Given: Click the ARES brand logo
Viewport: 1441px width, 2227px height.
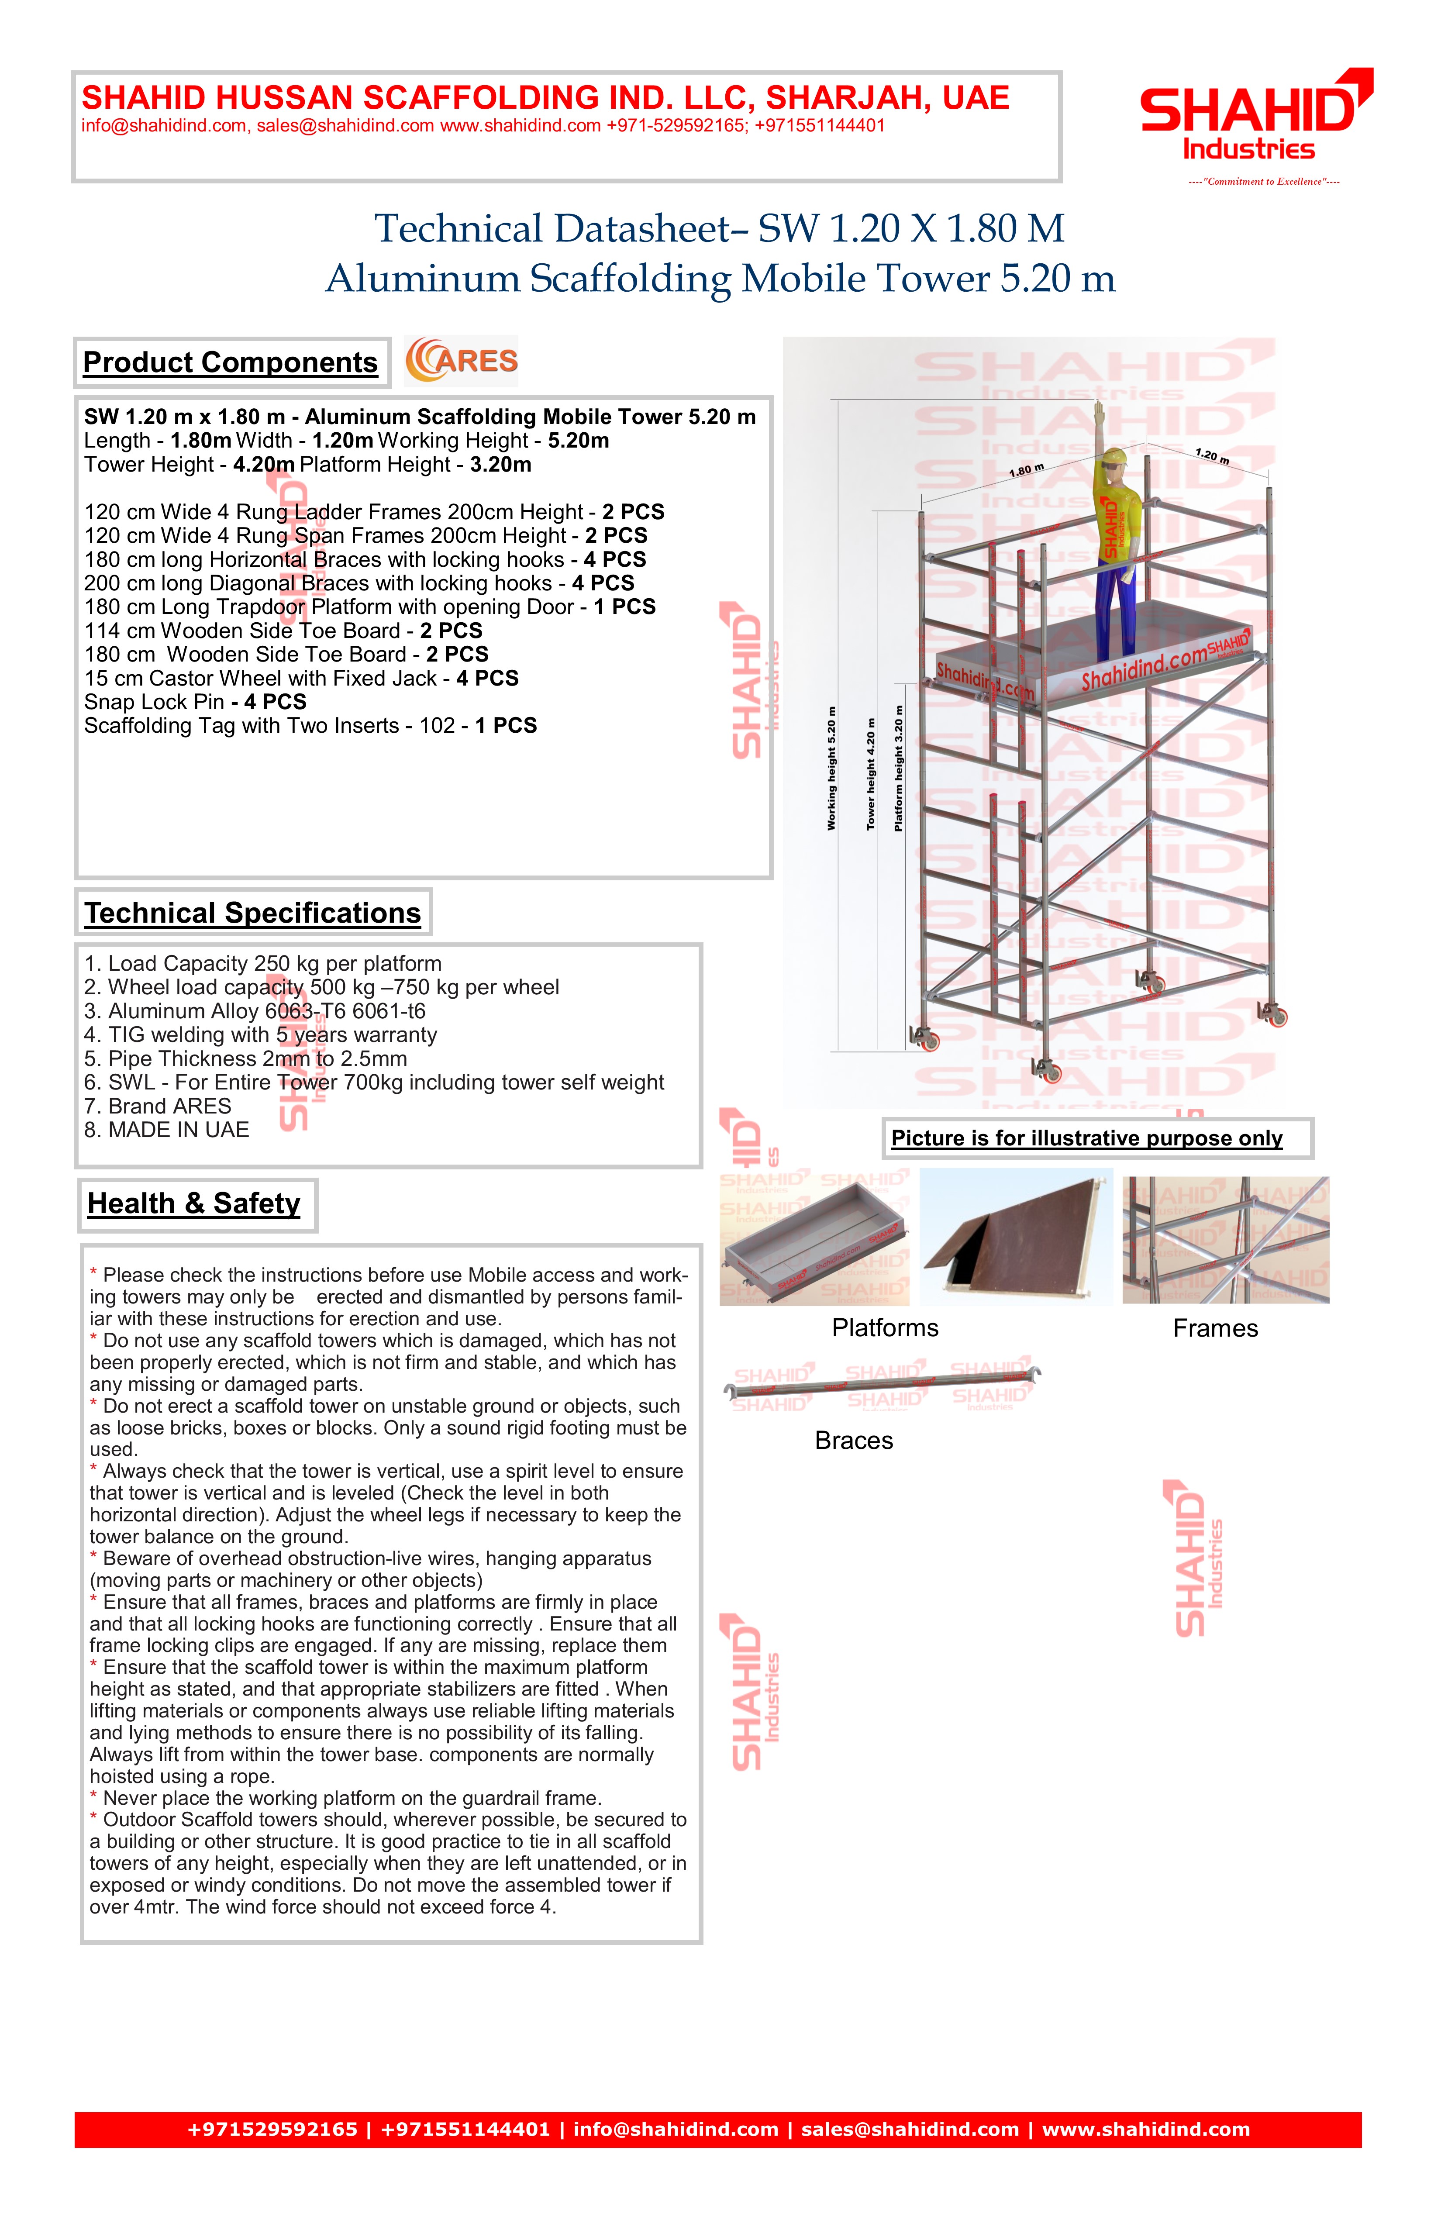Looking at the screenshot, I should tap(461, 361).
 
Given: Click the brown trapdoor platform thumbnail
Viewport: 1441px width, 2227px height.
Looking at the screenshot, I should tap(1015, 1237).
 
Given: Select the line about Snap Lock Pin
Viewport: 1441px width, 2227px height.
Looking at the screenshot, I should tap(195, 702).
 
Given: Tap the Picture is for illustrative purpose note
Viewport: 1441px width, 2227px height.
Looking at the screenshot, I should tap(1086, 1138).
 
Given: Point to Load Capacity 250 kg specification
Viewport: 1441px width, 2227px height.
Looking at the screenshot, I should tap(262, 963).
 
